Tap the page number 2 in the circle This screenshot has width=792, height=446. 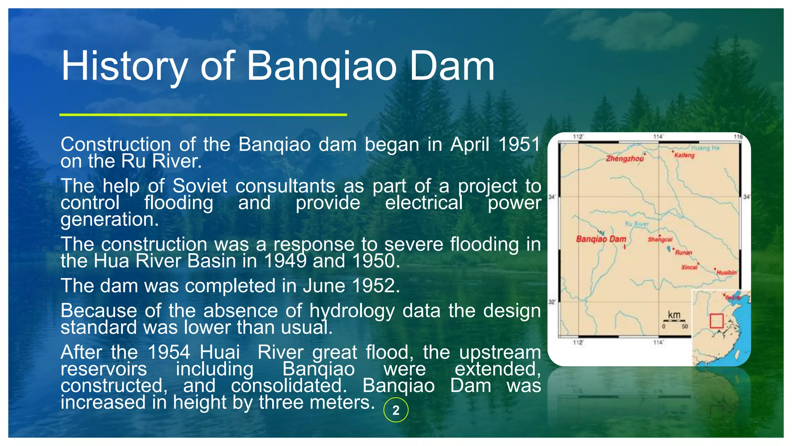point(396,410)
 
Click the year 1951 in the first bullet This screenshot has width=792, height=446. point(519,144)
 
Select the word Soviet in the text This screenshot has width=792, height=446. point(200,186)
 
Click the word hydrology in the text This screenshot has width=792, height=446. point(352,311)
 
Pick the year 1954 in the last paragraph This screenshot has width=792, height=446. point(169,352)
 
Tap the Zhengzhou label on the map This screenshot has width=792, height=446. point(625,159)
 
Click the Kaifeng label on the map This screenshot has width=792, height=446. point(684,155)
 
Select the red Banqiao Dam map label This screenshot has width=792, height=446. point(601,239)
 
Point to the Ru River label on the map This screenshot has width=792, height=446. point(637,224)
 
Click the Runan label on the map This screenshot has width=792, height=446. point(683,252)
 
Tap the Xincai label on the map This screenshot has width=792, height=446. point(689,267)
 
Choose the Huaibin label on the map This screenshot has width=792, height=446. point(726,273)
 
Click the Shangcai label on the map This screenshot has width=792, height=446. point(660,240)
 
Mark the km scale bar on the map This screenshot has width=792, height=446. point(674,320)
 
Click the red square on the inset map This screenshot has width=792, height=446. point(716,321)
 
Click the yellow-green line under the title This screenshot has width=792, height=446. point(203,115)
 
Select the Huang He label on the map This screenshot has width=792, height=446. point(705,148)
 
